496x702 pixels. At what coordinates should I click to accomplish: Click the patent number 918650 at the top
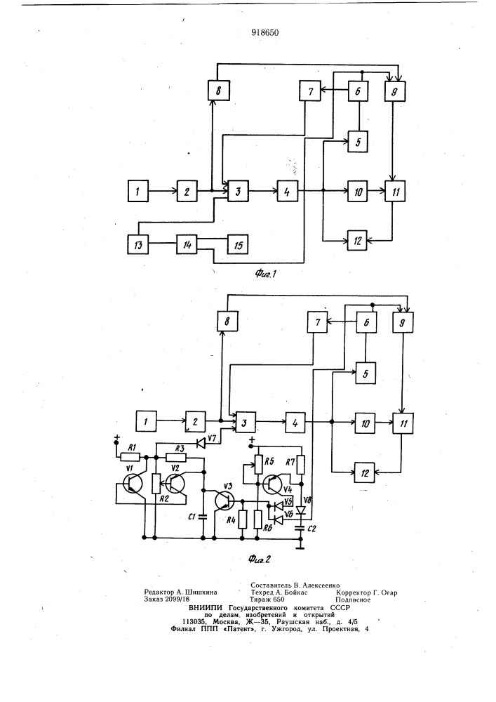click(x=264, y=32)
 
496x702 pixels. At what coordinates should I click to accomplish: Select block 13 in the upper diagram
click(x=138, y=244)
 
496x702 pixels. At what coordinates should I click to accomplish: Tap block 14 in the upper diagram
click(x=187, y=244)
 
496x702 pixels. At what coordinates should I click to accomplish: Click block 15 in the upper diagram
click(x=238, y=244)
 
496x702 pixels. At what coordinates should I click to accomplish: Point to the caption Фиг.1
click(x=266, y=273)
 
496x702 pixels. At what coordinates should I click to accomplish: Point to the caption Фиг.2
click(x=259, y=559)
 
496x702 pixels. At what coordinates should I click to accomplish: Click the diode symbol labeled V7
click(x=201, y=443)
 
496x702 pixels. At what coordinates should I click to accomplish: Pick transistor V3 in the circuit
click(x=224, y=500)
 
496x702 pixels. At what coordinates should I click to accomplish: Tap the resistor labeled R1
click(x=130, y=457)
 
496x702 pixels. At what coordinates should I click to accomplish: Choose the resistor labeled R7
click(x=301, y=465)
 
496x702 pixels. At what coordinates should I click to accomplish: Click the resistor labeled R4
click(x=243, y=520)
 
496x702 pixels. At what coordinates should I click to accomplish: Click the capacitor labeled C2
click(x=300, y=529)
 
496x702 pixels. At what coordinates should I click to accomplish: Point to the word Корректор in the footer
click(x=354, y=592)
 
